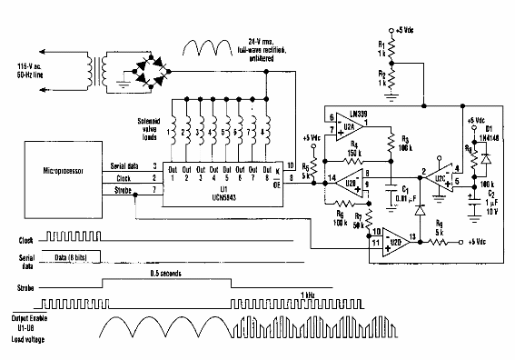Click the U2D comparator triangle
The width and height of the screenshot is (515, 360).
(x=393, y=238)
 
